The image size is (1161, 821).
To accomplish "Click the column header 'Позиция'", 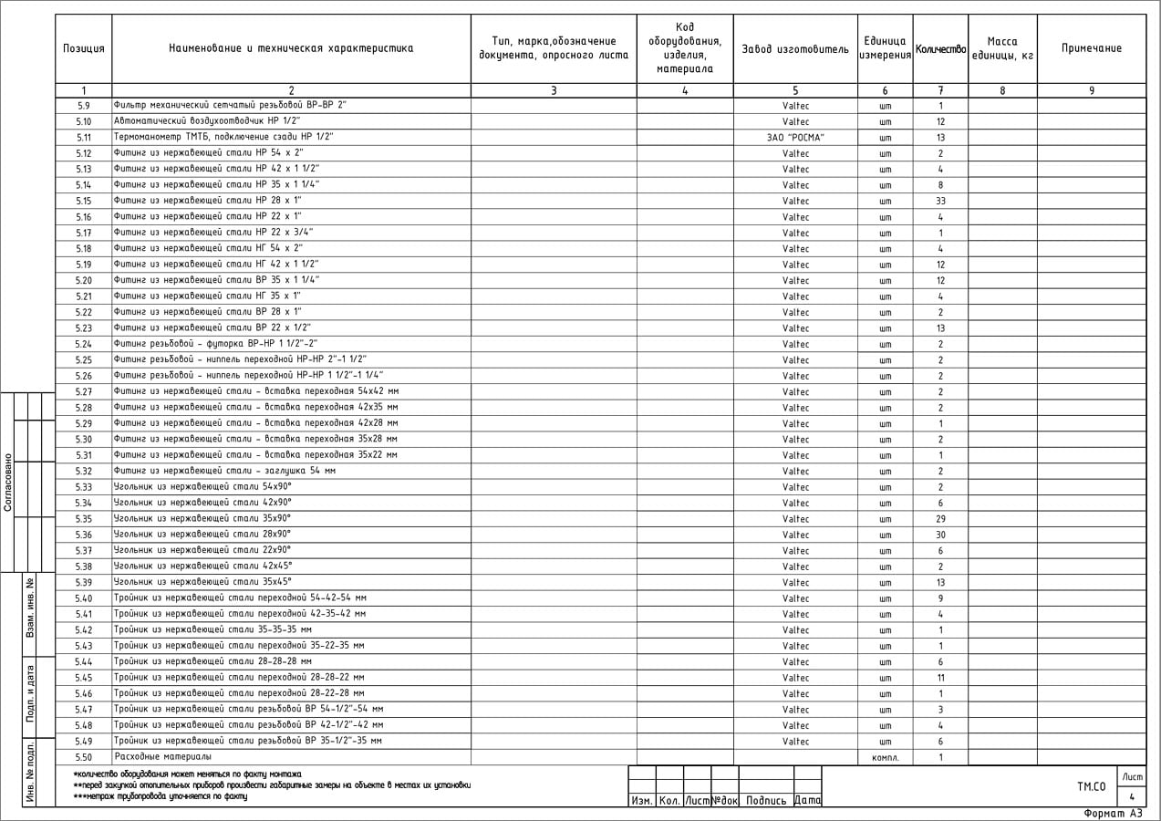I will point(83,48).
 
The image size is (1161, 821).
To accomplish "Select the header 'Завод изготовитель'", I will point(794,48).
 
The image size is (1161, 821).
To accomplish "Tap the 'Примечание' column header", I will point(1091,48).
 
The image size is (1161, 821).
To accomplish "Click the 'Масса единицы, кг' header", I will point(1001,48).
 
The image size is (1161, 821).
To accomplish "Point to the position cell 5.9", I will point(83,106).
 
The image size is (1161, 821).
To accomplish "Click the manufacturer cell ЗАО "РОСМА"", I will point(795,138).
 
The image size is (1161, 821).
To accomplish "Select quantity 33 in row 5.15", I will point(940,202).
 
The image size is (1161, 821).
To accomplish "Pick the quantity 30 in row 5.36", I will point(940,535).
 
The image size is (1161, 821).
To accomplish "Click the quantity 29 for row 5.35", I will point(940,519).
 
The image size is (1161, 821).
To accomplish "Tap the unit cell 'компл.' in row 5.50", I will point(885,758).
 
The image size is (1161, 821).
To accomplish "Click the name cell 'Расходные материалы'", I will point(162,757).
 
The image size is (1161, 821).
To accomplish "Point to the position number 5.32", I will point(83,472).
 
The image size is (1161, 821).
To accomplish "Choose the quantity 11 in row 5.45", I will point(940,679).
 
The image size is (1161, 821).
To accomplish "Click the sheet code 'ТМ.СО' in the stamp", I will point(1091,785).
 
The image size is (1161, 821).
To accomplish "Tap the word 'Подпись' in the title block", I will point(765,801).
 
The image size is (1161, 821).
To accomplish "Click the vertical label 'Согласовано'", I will point(8,482).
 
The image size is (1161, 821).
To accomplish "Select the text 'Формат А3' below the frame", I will point(1112,813).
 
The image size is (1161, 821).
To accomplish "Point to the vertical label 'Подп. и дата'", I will point(30,694).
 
